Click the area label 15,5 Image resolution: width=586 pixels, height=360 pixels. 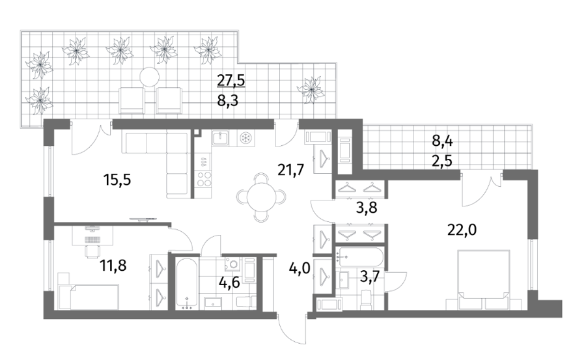(117, 180)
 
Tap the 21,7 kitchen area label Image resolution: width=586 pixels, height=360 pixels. (291, 170)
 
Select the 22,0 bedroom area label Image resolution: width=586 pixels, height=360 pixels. (462, 230)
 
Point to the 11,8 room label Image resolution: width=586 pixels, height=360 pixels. (113, 266)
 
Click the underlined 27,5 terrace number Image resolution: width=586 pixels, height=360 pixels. (231, 80)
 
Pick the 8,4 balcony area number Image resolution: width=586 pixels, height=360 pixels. (443, 141)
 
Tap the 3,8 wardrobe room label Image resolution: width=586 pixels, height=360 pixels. (366, 206)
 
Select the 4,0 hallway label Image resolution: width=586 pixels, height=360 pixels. (300, 268)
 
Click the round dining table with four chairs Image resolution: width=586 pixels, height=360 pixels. (261, 196)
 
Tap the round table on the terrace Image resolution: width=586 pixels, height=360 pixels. (150, 77)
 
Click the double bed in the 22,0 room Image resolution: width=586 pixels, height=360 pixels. (484, 280)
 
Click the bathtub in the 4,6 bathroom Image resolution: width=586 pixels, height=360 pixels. (186, 283)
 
